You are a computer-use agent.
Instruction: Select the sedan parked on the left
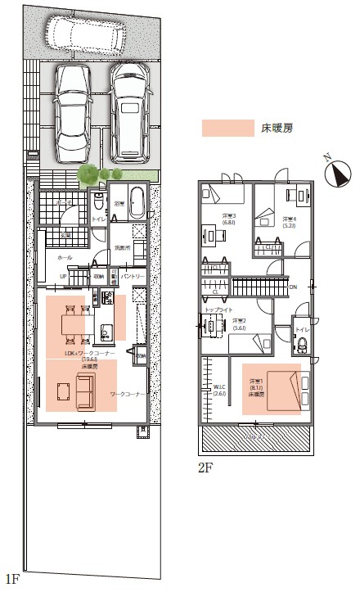point(74,115)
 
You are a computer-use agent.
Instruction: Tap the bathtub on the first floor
point(137,203)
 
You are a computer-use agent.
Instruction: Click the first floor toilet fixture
point(98,201)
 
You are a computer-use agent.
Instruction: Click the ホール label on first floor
point(64,257)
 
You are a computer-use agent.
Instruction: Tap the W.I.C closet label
point(218,386)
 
